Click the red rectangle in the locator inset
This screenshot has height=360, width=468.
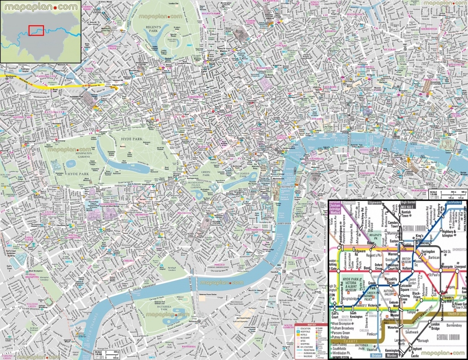pyautogui.click(x=36, y=30)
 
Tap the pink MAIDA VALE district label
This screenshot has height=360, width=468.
pyautogui.click(x=89, y=70)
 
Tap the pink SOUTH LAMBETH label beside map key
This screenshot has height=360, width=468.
pyautogui.click(x=288, y=327)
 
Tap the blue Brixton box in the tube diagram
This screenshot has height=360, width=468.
pyautogui.click(x=376, y=355)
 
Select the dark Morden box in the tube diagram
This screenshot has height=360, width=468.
pyautogui.click(x=392, y=355)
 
